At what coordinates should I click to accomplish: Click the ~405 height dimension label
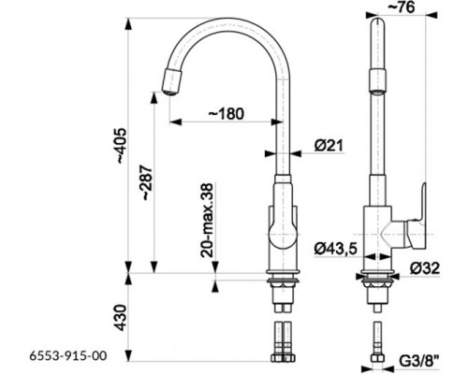click(122, 145)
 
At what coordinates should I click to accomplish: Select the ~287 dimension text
click(147, 183)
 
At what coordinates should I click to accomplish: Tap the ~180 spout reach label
click(227, 113)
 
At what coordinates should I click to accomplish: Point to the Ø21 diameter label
click(329, 146)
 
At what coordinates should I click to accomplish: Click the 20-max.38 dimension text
click(207, 221)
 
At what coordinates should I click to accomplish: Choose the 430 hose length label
click(122, 317)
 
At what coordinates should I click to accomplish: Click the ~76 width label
click(402, 7)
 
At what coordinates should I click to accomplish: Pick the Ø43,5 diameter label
click(335, 249)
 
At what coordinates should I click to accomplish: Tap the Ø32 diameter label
click(425, 268)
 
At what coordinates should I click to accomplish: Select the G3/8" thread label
click(419, 363)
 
